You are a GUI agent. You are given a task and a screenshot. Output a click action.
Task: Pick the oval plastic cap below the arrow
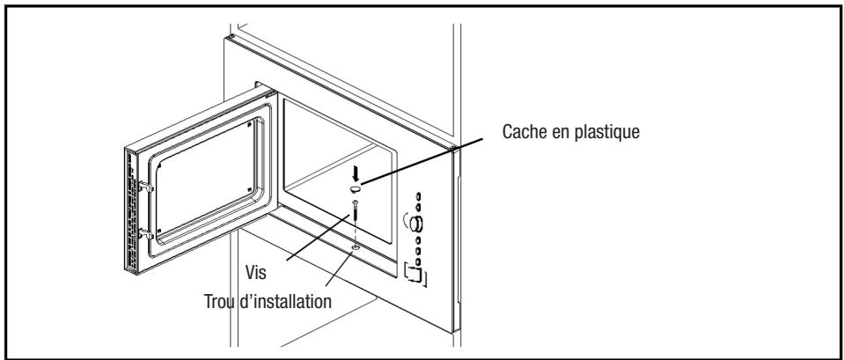coord(356,188)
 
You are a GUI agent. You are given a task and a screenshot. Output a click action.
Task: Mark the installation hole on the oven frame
coord(355,249)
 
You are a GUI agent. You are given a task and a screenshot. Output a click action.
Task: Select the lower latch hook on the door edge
coord(146,235)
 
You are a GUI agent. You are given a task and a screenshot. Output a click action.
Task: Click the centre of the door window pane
coord(206,179)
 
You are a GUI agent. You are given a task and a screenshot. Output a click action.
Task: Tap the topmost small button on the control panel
coord(418,196)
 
